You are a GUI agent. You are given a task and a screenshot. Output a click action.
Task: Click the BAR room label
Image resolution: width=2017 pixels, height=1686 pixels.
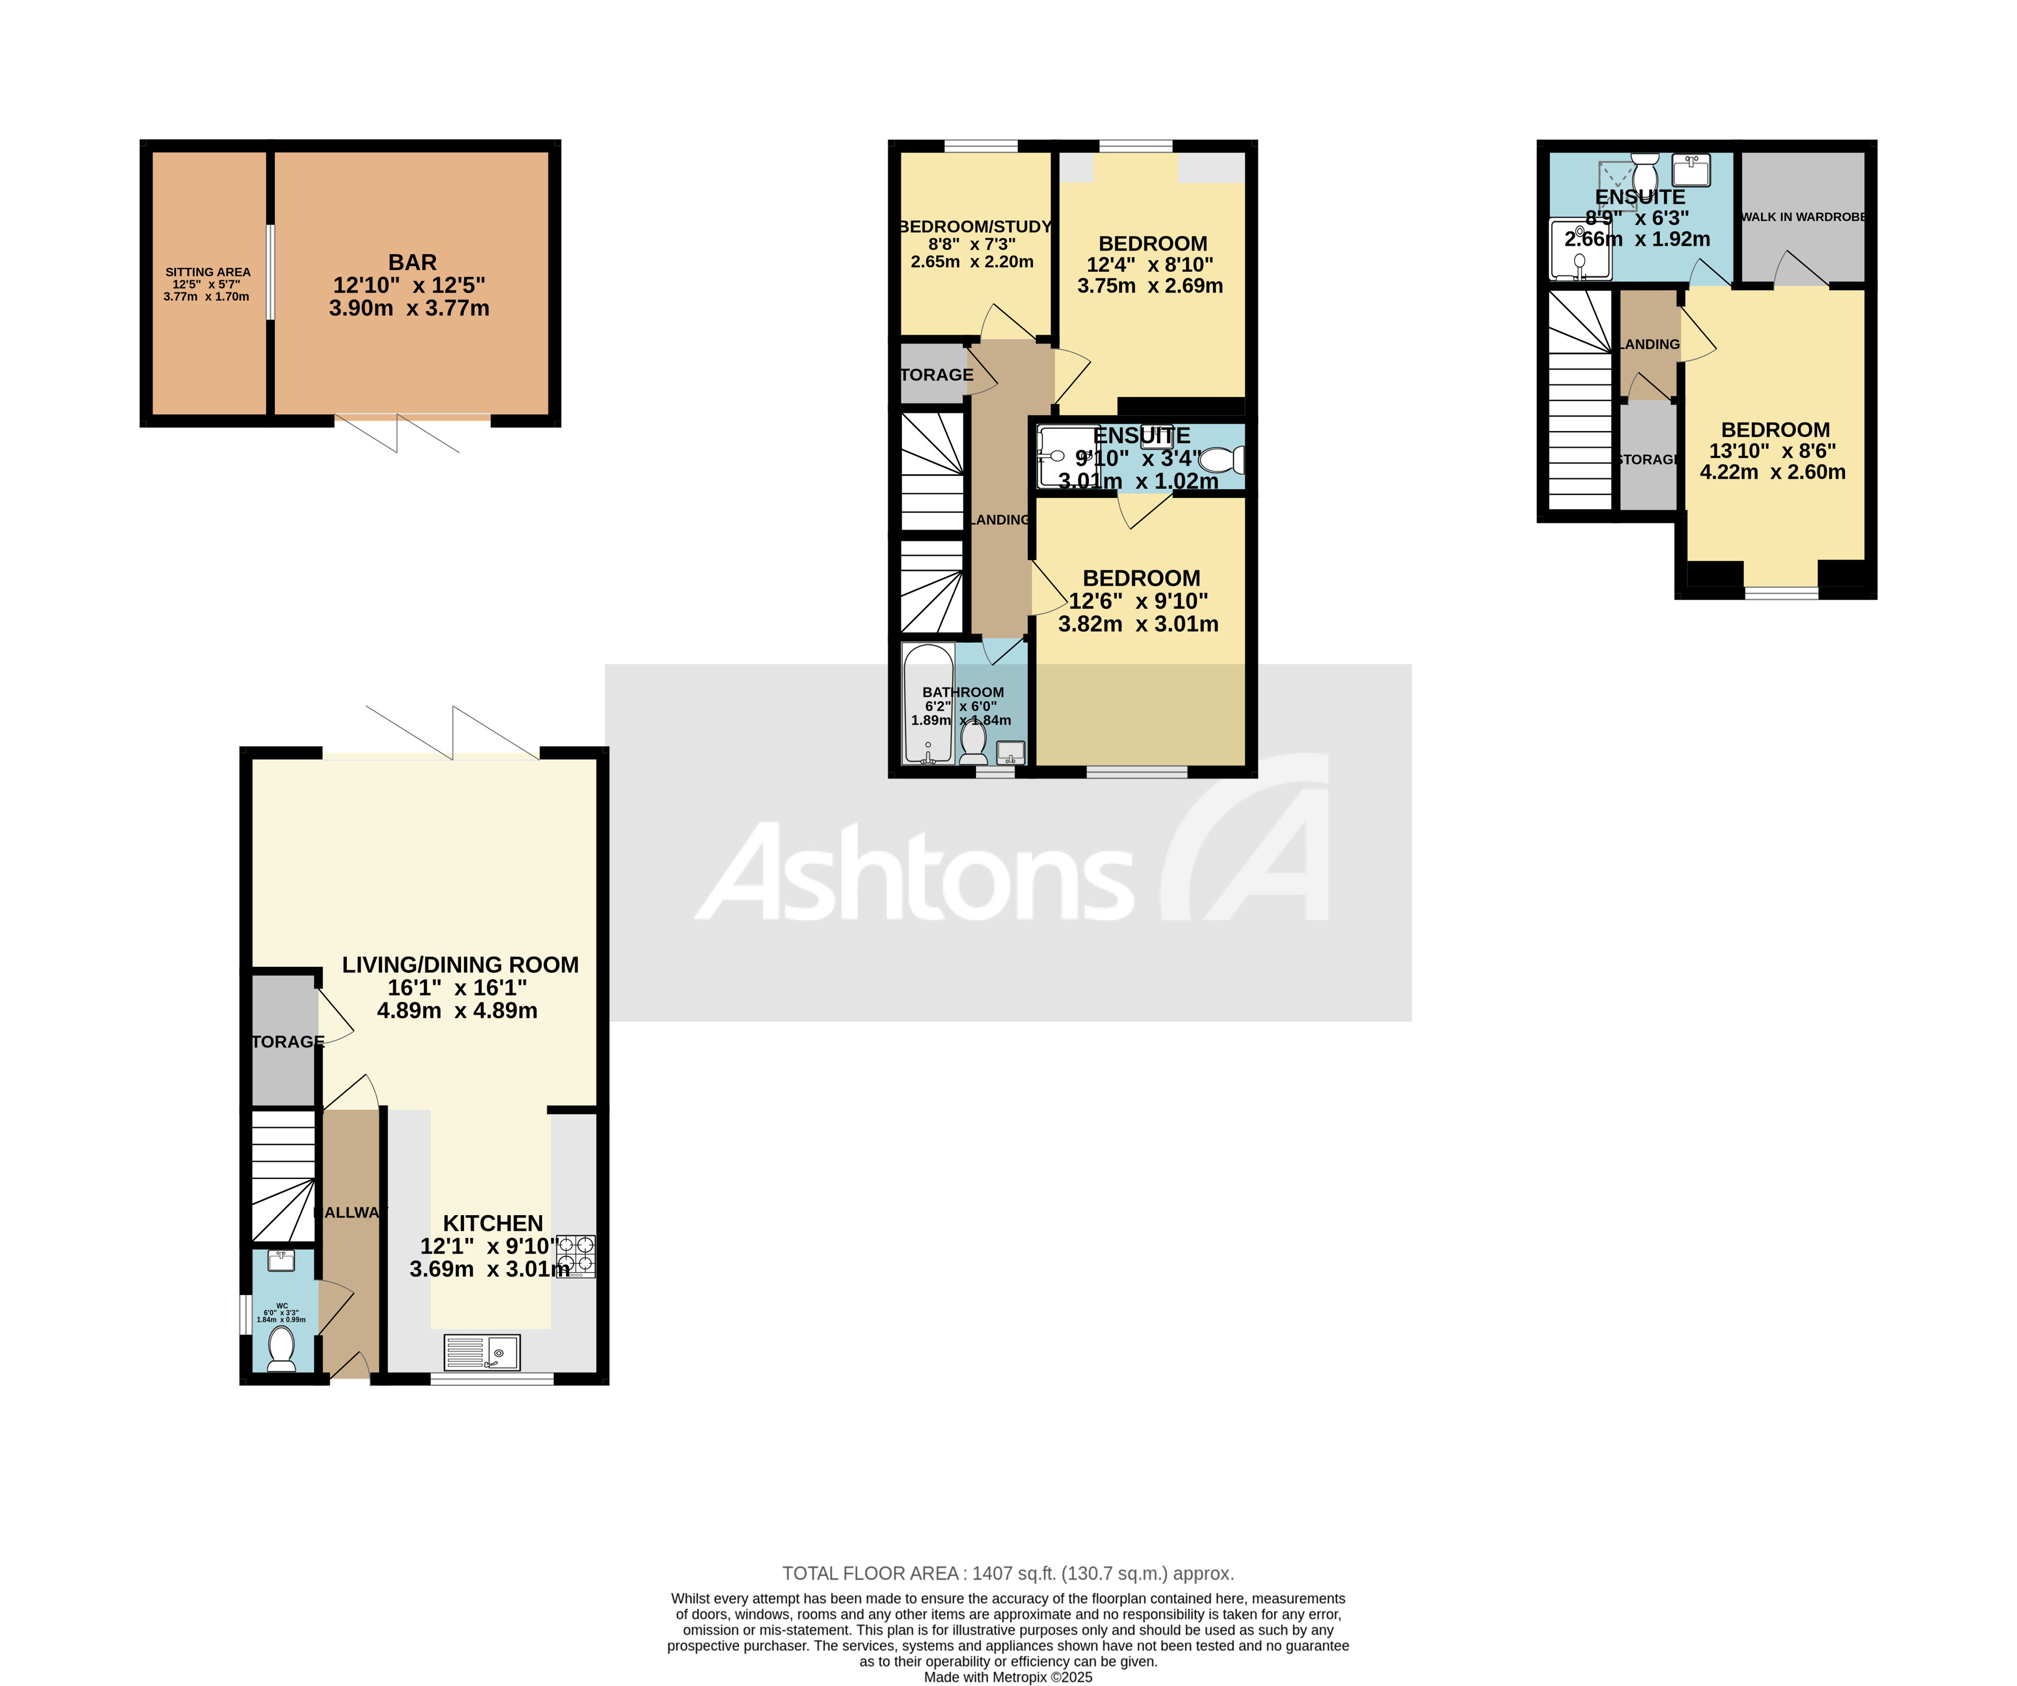[x=412, y=262]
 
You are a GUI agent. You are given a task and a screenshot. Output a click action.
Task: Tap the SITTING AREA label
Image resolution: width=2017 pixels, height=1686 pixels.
[x=208, y=272]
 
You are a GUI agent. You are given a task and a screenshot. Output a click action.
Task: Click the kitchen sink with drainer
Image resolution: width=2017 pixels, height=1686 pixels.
[x=482, y=1353]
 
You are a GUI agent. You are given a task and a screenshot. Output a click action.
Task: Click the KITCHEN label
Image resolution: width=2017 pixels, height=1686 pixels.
[x=493, y=1223]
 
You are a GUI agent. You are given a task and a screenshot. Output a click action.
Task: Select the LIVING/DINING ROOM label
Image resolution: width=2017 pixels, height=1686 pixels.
[x=460, y=965]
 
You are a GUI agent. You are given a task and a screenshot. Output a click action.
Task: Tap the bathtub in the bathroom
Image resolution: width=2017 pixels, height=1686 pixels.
[x=928, y=704]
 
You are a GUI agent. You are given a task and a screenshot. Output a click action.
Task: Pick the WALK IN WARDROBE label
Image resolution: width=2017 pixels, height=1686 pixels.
[x=1803, y=217]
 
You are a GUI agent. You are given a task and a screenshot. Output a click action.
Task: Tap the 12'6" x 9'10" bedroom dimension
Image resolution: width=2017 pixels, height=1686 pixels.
[x=1138, y=601]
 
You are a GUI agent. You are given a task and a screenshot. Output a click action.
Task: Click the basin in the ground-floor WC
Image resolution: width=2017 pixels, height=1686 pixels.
[x=281, y=1261]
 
